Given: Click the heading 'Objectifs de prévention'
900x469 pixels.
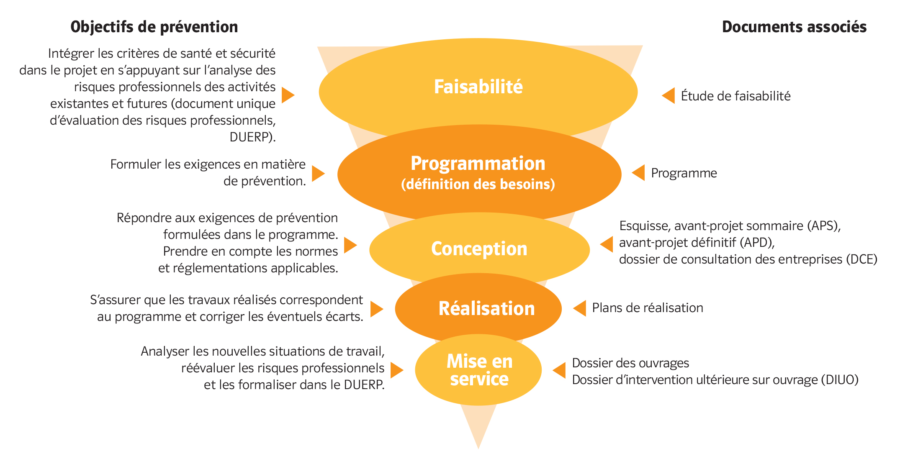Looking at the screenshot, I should click(154, 27).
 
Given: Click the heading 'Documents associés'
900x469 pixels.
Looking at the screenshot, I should click(794, 27).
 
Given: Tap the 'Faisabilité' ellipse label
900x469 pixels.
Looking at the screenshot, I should click(478, 87).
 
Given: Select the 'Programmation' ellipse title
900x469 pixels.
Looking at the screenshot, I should click(478, 164).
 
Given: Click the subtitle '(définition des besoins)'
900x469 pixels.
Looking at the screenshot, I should click(478, 184).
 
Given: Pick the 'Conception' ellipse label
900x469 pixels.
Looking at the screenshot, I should click(479, 249).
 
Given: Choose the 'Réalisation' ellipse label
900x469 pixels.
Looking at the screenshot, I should click(486, 309).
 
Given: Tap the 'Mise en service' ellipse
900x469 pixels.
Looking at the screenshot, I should click(479, 370).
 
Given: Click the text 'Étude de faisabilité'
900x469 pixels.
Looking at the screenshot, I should click(735, 96).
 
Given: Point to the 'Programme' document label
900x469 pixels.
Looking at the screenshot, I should click(684, 173).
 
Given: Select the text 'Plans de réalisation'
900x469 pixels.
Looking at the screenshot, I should click(647, 308).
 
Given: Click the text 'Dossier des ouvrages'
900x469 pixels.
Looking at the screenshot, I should click(630, 363).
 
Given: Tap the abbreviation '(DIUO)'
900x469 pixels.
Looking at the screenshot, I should click(839, 380).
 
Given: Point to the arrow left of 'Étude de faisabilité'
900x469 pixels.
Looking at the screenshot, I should click(669, 96).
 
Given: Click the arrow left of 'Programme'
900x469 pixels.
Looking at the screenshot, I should click(638, 173).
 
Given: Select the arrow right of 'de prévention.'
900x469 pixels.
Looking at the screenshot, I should click(318, 173).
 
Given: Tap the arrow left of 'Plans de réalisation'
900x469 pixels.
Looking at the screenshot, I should click(580, 308).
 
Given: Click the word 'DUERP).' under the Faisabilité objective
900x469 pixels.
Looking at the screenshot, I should click(252, 137).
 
